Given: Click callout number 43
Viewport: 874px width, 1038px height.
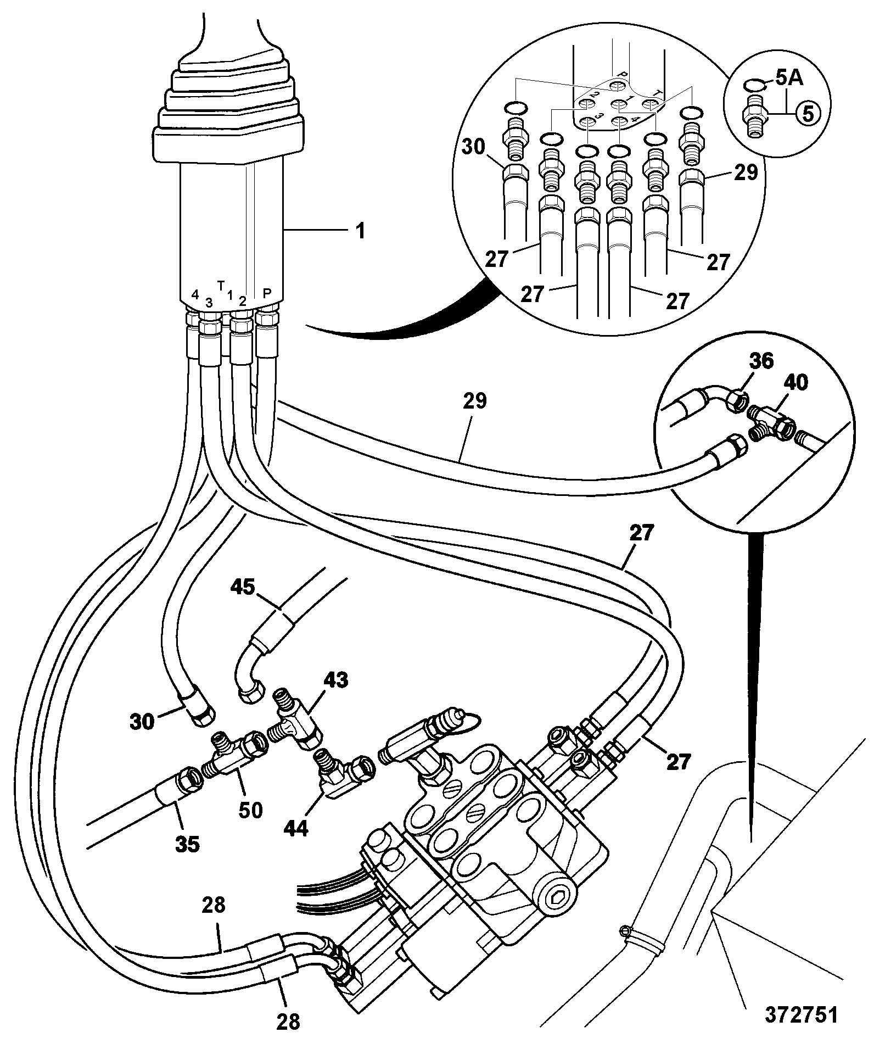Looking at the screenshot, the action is pyautogui.click(x=335, y=680).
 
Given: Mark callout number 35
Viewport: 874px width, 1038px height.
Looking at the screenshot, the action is pyautogui.click(x=187, y=844).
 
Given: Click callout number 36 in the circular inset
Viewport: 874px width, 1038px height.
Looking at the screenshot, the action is pyautogui.click(x=760, y=361).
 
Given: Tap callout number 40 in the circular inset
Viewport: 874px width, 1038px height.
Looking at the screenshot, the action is pyautogui.click(x=795, y=383).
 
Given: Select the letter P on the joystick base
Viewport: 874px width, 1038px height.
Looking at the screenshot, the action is pyautogui.click(x=267, y=293).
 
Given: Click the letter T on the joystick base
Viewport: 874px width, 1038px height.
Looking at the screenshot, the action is pyautogui.click(x=221, y=285).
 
